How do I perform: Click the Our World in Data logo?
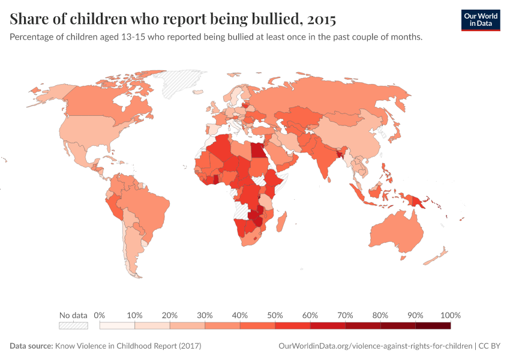pyautogui.click(x=480, y=20)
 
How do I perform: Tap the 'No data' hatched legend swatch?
pyautogui.click(x=73, y=326)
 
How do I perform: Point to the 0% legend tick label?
pyautogui.click(x=100, y=315)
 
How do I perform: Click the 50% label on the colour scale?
pyautogui.click(x=275, y=315)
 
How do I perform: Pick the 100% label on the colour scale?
pyautogui.click(x=450, y=315)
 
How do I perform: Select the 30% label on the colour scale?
pyautogui.click(x=205, y=315)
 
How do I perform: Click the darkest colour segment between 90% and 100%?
pyautogui.click(x=433, y=326)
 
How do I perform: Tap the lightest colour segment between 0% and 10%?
pyautogui.click(x=117, y=326)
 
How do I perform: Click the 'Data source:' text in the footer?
pyautogui.click(x=31, y=346)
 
